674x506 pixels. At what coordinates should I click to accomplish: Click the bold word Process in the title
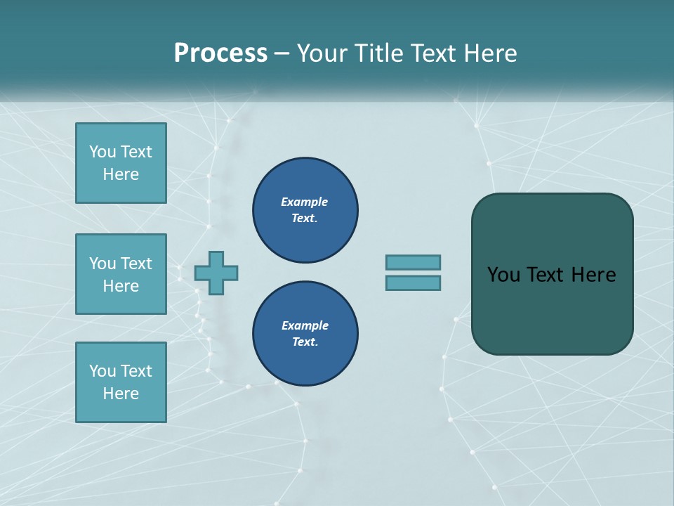220,53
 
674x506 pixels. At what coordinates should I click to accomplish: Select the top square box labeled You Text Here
121,163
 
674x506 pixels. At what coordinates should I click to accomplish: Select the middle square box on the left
121,274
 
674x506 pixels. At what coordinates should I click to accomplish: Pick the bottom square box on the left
121,382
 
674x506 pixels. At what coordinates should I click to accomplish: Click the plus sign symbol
216,273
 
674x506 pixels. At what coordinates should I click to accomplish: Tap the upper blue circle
305,210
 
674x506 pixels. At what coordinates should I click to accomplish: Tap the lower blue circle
305,334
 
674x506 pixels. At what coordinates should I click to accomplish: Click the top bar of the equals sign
413,262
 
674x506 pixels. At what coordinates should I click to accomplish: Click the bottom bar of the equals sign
413,283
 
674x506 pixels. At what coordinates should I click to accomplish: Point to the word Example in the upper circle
305,202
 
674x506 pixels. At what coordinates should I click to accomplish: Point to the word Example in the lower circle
305,325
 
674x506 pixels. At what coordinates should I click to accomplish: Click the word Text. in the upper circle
305,219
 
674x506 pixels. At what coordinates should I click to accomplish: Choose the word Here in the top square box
121,174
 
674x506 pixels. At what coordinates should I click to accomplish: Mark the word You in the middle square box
103,264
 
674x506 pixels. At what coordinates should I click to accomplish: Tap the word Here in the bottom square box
121,394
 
